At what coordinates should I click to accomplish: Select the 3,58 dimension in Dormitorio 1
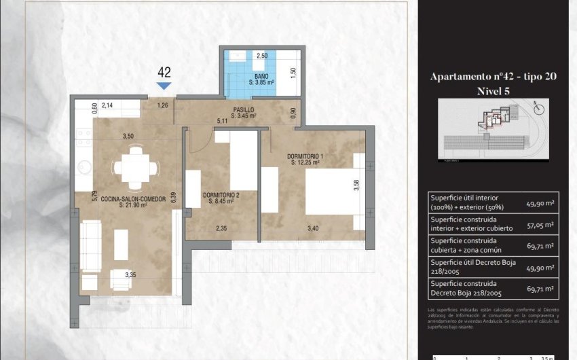click(356, 185)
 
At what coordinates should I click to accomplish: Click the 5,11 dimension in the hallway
click(221, 121)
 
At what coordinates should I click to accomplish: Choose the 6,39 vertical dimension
click(174, 198)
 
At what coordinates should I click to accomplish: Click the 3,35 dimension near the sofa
click(132, 274)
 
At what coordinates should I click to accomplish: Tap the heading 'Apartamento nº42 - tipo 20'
click(494, 77)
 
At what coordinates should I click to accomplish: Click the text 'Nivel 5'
click(494, 91)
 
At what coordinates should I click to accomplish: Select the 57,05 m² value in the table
click(540, 225)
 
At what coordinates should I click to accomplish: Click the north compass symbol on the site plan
click(539, 106)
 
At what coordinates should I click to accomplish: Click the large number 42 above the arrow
click(164, 71)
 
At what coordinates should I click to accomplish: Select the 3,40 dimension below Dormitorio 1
click(312, 228)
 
